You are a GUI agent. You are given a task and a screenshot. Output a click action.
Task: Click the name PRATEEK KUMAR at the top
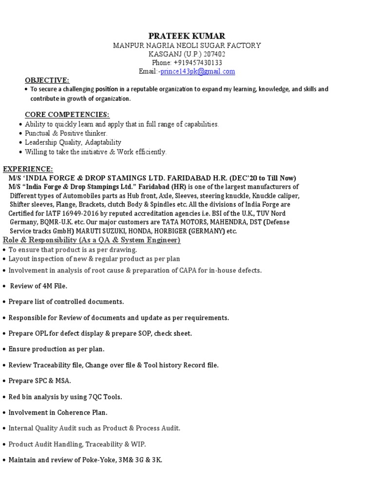click(x=187, y=36)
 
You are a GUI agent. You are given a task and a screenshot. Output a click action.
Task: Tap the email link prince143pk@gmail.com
click(x=198, y=72)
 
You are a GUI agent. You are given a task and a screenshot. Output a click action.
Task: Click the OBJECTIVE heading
click(x=47, y=80)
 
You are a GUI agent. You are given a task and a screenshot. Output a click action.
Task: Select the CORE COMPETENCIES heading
click(x=67, y=115)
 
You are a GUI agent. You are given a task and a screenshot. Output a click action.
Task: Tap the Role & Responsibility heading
click(x=92, y=240)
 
